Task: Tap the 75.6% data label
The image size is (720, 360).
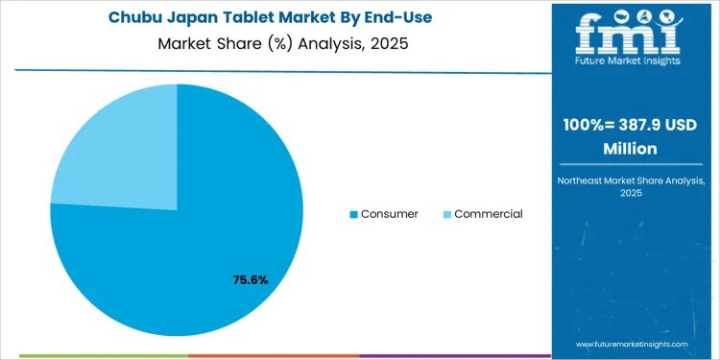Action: tap(251, 280)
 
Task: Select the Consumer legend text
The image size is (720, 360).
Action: tap(389, 214)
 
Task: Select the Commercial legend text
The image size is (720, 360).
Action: tap(488, 214)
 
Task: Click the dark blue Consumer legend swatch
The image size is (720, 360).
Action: tap(354, 214)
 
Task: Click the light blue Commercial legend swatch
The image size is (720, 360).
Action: tap(446, 214)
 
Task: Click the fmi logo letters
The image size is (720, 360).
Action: tap(628, 36)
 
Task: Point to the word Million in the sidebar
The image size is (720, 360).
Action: tap(630, 150)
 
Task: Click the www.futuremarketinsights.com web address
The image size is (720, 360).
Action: tap(633, 344)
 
